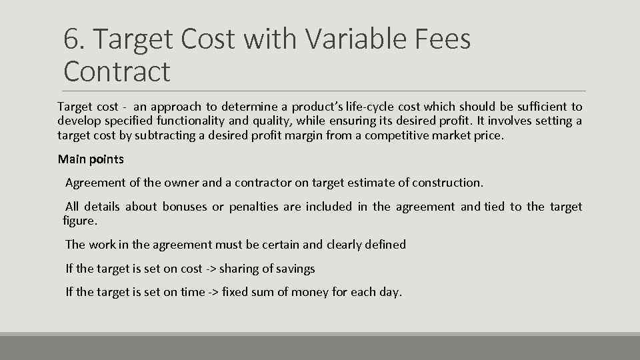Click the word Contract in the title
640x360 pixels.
(117, 71)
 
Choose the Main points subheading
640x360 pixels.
(91, 159)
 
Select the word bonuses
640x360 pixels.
(185, 207)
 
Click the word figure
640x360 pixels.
(80, 221)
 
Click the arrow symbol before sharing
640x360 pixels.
(211, 269)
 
